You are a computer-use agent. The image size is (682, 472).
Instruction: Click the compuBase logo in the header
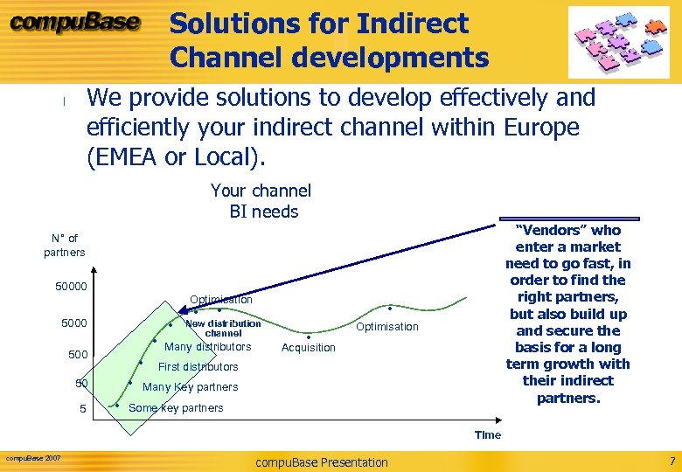point(74,24)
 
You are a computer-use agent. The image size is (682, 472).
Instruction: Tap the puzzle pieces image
point(618,42)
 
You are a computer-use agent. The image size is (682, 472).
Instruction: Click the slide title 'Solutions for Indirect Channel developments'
point(329,40)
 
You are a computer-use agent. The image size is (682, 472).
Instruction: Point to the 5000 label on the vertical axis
point(74,324)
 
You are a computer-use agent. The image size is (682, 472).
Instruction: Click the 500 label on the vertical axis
point(79,355)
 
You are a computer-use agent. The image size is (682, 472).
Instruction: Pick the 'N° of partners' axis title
point(65,245)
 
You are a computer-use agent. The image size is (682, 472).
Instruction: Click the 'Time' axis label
point(488,434)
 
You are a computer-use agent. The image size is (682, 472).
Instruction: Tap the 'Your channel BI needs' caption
point(261,201)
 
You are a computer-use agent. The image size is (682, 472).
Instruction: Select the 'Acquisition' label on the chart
point(309,348)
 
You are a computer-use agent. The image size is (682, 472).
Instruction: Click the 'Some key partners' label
point(176,408)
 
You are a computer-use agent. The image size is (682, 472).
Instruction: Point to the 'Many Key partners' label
point(190,387)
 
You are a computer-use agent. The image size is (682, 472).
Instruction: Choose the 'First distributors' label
point(198,367)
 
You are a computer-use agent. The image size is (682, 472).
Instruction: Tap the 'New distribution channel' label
point(223,329)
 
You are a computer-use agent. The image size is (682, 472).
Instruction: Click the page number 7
point(672,461)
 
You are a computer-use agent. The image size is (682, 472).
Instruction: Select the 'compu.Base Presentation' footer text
point(321,462)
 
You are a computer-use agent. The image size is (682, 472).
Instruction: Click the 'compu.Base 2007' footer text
point(33,458)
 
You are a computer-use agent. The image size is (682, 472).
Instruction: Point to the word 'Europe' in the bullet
point(542,128)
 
